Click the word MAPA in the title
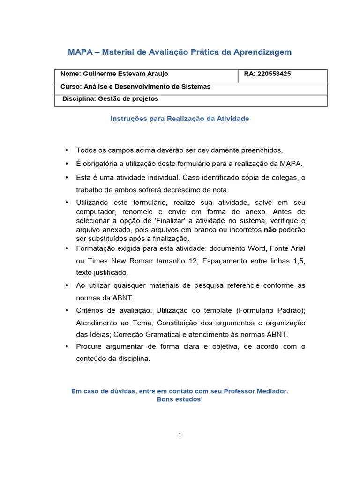click(80, 52)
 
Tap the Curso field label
click(70, 87)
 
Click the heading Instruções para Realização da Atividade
click(180, 119)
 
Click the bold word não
click(270, 230)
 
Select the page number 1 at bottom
click(180, 435)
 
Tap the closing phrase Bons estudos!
click(180, 399)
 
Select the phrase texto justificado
click(102, 272)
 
